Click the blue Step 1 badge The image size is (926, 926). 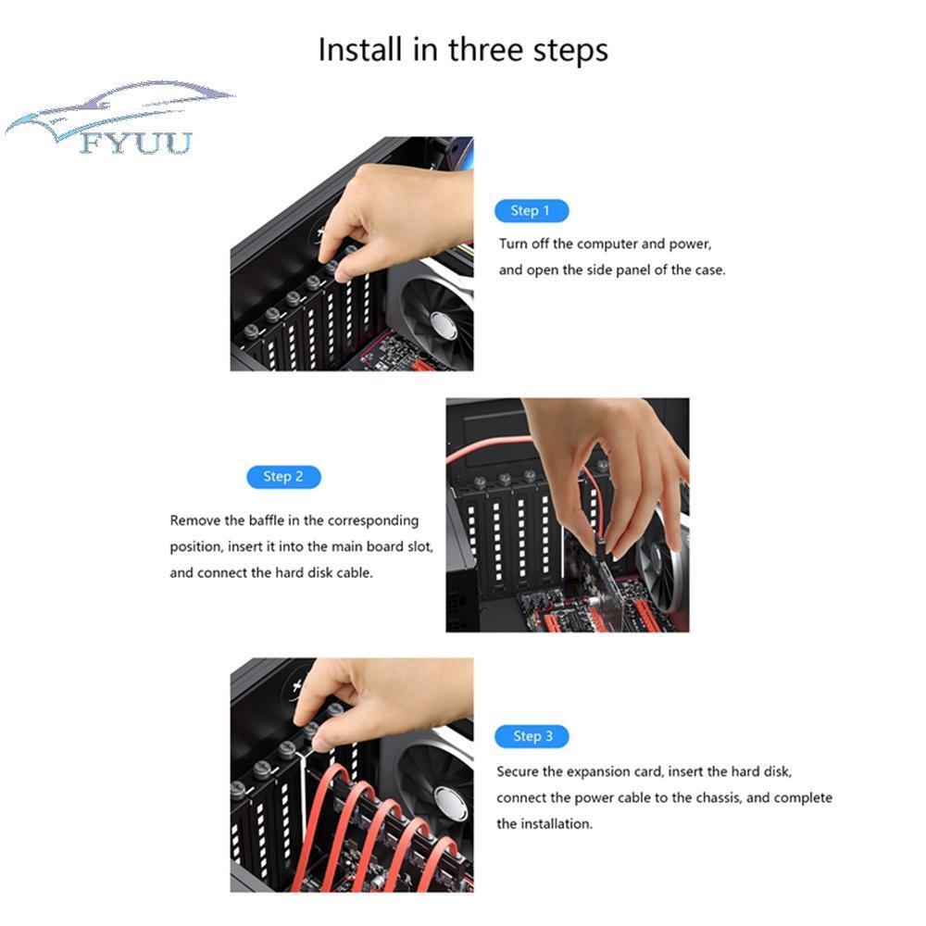click(532, 211)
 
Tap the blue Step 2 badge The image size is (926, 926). click(283, 477)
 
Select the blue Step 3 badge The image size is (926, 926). click(532, 736)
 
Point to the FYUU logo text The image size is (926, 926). click(136, 143)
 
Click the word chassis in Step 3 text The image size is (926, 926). click(719, 798)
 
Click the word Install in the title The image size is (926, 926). click(360, 49)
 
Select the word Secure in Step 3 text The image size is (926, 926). click(518, 772)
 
